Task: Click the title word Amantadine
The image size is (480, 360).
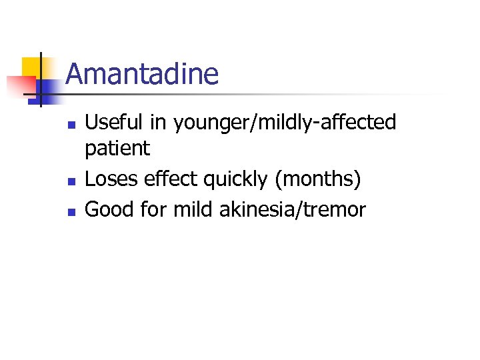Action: pos(142,74)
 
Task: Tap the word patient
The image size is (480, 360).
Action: pos(117,148)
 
